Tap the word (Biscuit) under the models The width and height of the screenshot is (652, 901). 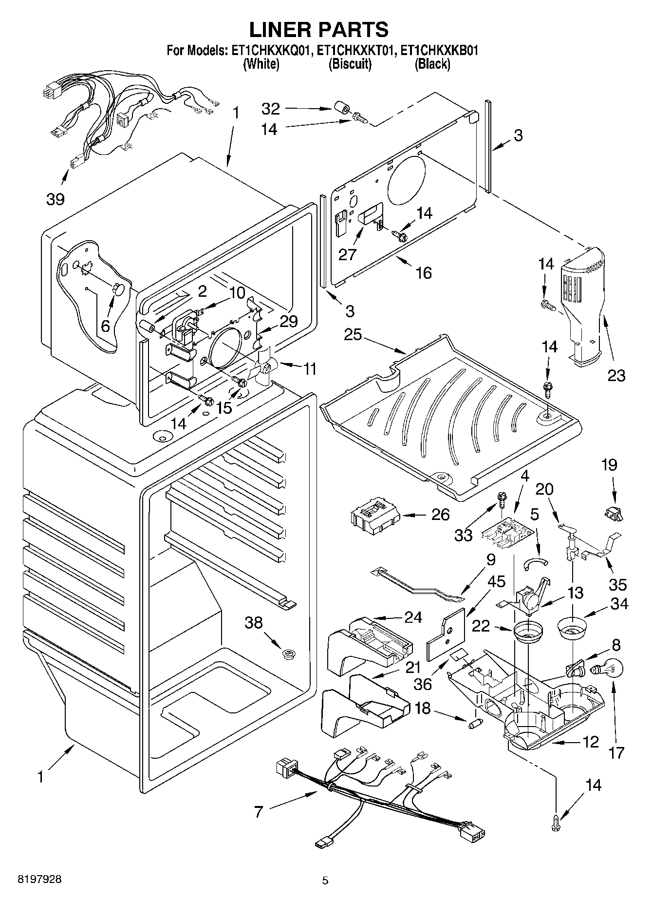click(x=350, y=64)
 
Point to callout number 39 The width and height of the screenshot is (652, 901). click(x=56, y=199)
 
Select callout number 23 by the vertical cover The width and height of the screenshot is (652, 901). click(x=616, y=375)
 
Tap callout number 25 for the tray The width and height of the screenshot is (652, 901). click(x=354, y=335)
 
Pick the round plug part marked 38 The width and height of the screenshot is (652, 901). click(x=290, y=653)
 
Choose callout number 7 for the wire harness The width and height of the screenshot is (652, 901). click(x=258, y=812)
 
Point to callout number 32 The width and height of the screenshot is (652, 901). click(x=271, y=108)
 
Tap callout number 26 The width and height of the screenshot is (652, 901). click(x=440, y=515)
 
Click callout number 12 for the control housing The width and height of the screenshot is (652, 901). click(x=590, y=742)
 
